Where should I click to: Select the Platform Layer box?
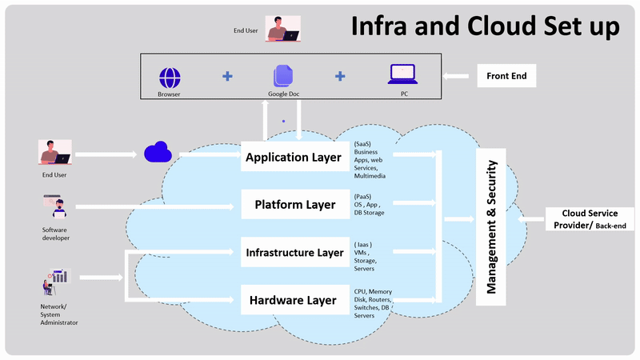295,205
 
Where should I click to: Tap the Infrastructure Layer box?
295,253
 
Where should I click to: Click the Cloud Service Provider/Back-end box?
590,219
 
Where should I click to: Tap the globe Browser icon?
170,78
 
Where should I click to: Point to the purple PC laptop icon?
401,74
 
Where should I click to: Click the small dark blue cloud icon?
158,152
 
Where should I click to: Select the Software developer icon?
55,206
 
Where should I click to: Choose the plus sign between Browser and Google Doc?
228,77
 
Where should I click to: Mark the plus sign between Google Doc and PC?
340,77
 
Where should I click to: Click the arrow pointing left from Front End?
457,77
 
